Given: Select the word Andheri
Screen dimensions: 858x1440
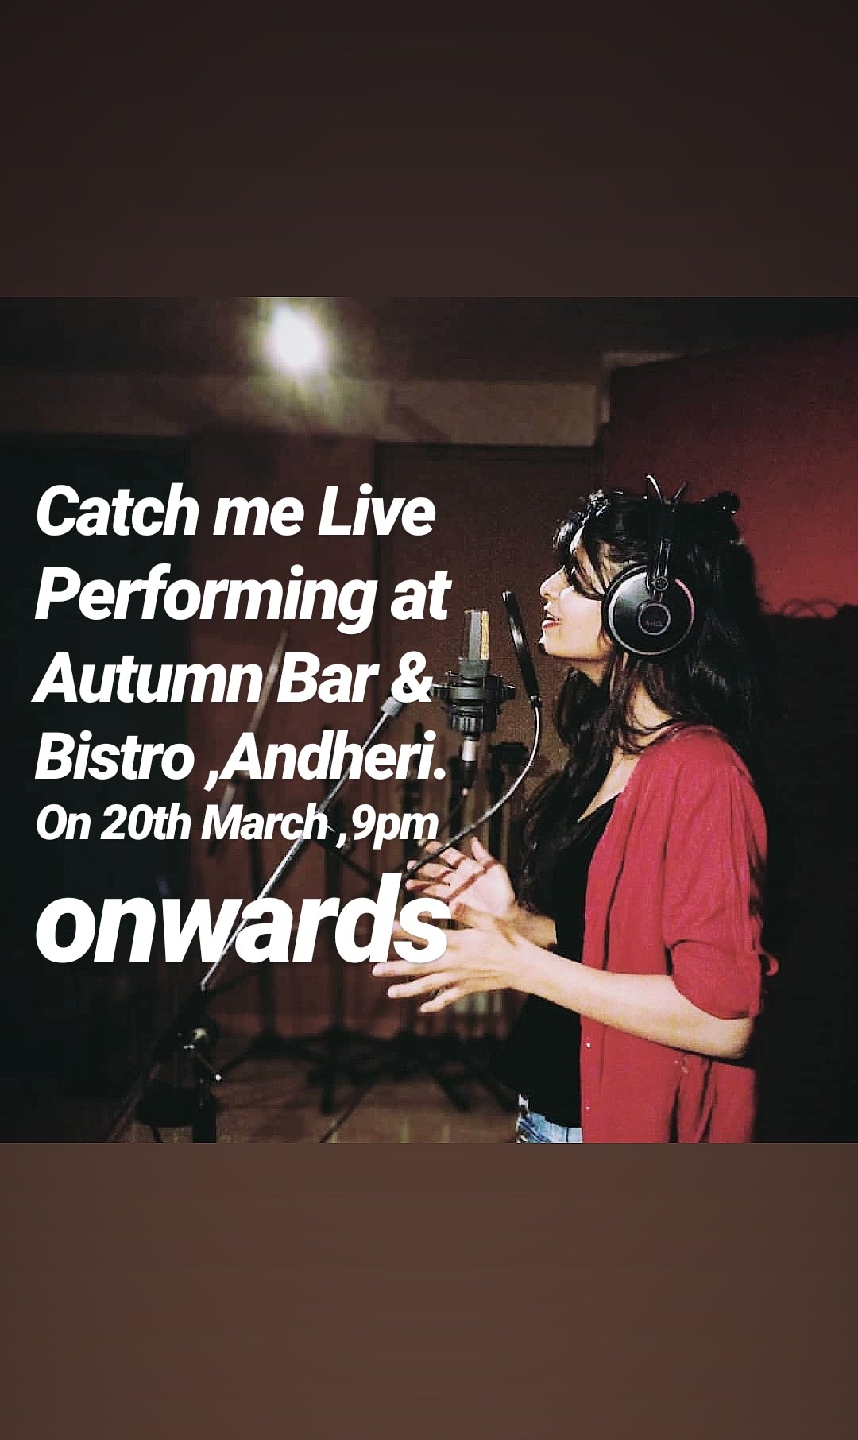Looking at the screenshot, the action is [x=327, y=759].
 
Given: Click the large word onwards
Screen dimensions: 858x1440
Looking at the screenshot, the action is [x=241, y=927].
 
